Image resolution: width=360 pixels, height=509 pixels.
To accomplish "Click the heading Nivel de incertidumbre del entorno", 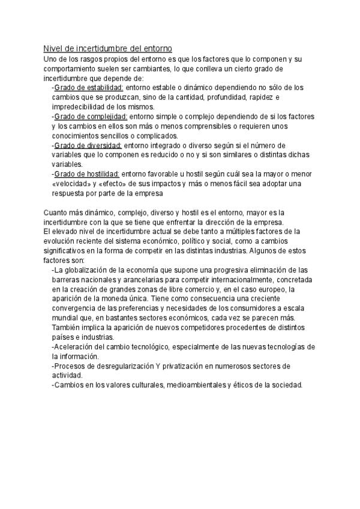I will click(108, 48).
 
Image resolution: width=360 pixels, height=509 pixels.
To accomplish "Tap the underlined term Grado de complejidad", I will click(91, 116).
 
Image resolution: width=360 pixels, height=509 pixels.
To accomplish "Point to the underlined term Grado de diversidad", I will click(88, 145).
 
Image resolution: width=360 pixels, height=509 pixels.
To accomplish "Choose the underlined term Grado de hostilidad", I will click(88, 174).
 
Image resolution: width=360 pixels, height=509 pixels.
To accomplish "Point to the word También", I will click(68, 327).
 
